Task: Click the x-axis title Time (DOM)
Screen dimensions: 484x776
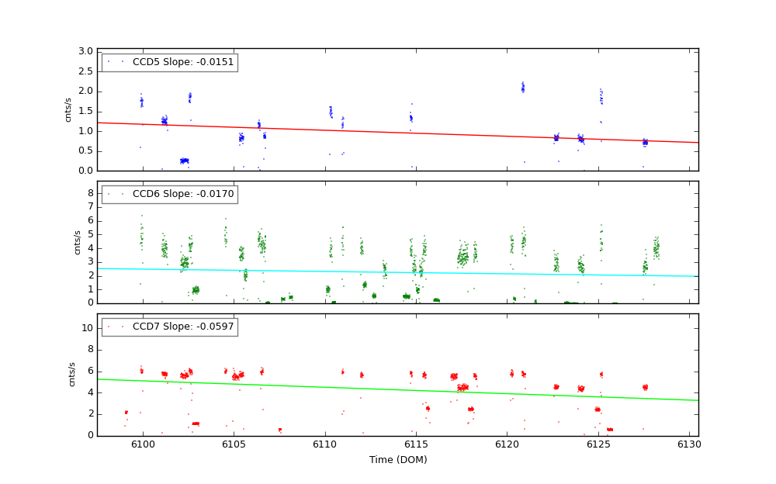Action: coord(397,459)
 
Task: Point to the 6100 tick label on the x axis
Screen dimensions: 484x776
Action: coord(142,444)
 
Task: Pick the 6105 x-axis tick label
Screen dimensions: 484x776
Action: coord(234,444)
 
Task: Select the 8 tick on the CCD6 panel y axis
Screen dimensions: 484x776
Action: coord(90,192)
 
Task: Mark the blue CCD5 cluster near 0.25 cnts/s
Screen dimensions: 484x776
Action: coord(185,161)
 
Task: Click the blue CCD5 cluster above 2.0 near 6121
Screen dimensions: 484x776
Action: coord(522,88)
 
